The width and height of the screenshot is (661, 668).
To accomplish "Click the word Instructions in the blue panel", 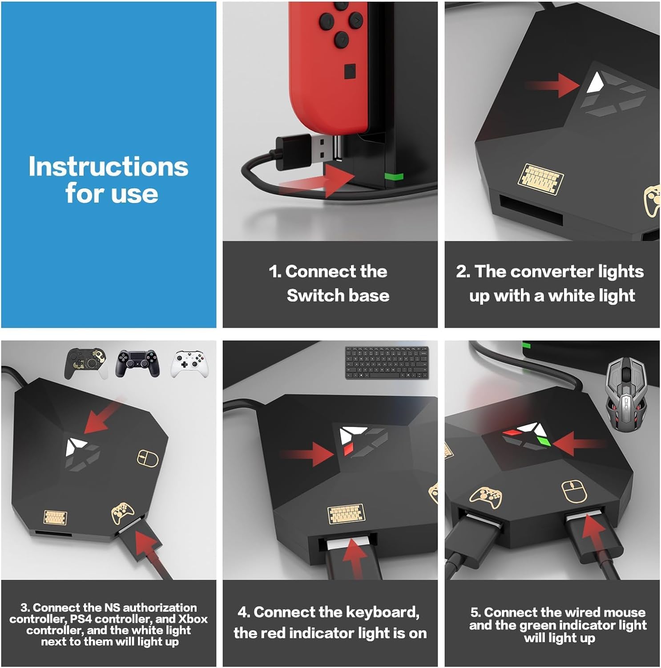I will coord(108,167).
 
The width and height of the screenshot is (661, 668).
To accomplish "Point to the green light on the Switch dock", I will coord(394,176).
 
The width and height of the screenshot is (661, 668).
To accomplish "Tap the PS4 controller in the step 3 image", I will coord(137,363).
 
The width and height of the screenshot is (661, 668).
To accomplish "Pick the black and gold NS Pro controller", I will coord(85,363).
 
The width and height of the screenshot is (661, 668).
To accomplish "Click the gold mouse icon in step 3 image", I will coord(147,458).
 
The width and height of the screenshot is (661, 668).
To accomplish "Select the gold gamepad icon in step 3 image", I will coord(122,513).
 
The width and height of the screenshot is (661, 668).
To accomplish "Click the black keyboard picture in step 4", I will coord(387,363).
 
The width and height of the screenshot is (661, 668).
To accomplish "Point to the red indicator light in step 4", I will coord(347,449).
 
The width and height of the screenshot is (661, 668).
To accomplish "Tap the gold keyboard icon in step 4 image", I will coord(346,514).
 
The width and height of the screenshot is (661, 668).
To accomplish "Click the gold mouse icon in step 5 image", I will coord(572,492).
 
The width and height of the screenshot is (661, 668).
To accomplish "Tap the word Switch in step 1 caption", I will coord(311,296).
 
